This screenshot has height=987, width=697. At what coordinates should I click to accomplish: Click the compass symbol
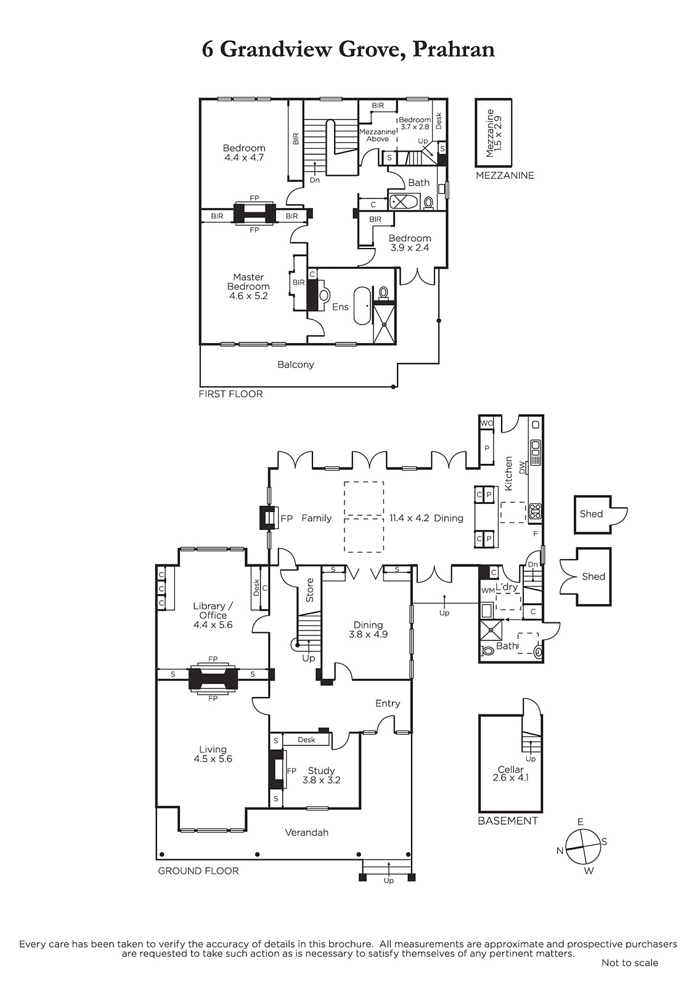pos(582,847)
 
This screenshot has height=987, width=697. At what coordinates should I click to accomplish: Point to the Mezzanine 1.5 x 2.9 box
pos(493,133)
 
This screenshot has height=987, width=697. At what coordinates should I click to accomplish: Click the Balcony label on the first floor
pos(295,365)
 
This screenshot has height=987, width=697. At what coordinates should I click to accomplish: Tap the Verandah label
pos(306,832)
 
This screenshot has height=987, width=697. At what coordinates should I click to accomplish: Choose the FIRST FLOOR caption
pos(230,394)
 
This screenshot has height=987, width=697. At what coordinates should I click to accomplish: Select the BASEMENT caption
pos(508,821)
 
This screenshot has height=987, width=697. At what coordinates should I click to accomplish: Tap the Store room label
pos(309,590)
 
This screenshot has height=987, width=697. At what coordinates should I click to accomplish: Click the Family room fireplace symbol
pos(268,518)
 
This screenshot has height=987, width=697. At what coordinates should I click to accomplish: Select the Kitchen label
pos(508,474)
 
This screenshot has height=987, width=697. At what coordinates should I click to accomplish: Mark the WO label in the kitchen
pos(486,423)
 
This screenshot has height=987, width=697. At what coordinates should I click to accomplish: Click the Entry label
pos(388,703)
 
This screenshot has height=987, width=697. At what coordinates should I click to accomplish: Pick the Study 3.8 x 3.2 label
pos(321,775)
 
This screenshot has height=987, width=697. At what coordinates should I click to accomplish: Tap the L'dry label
pos(507,587)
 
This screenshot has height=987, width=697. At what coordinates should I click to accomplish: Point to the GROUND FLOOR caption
pos(198,870)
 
